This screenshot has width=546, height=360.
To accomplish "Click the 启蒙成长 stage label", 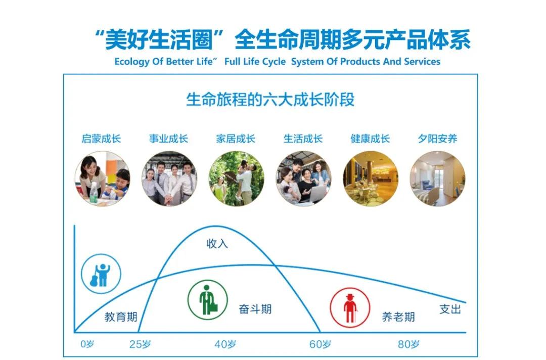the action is [101, 139].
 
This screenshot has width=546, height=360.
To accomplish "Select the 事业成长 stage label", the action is [168, 139].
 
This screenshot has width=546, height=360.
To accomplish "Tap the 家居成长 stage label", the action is [236, 139].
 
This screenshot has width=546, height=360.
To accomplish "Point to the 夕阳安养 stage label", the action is [437, 139].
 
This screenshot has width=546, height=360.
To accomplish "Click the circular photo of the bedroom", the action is [437, 178].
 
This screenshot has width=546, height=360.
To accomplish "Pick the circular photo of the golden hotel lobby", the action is [370, 178].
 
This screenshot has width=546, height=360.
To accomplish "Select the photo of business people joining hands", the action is [169, 178].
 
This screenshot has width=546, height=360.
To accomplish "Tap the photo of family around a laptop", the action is [303, 178].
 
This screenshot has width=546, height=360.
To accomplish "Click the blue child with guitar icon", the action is [101, 274].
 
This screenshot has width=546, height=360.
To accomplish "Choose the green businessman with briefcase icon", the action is [208, 300].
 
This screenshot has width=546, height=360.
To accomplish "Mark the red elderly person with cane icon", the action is [350, 307].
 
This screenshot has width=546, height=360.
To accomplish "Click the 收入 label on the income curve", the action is [217, 243].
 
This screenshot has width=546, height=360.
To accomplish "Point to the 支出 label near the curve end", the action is [450, 309].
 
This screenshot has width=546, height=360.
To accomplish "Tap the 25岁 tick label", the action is [140, 344].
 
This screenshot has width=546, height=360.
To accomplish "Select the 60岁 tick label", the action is [320, 344].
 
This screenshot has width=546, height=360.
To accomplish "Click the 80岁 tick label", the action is [408, 344].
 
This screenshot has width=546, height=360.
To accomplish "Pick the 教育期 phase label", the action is [121, 317].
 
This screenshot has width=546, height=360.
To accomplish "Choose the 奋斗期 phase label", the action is [255, 309].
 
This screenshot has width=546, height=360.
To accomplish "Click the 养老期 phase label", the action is [398, 317].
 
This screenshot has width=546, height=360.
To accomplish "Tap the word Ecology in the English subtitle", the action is [132, 62].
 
